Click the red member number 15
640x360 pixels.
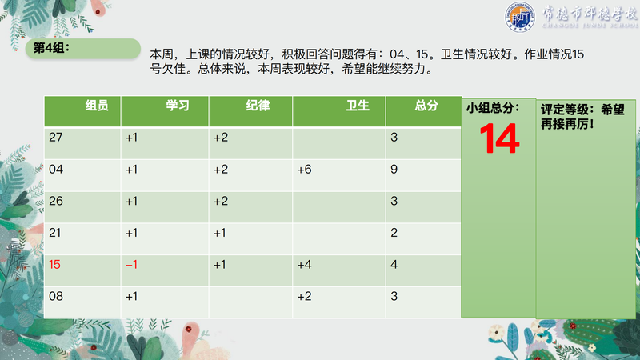tap(54, 265)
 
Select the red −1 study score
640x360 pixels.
tap(131, 265)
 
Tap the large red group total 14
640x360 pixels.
tap(499, 138)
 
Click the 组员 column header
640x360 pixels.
tap(97, 106)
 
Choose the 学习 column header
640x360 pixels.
tap(178, 106)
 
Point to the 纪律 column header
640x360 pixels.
tap(258, 106)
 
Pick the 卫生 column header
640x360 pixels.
tap(358, 106)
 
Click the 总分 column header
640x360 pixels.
tap(426, 106)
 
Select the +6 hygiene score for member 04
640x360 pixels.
tap(305, 170)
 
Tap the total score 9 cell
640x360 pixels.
tap(394, 169)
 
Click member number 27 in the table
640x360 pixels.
tap(56, 137)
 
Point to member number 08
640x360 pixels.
tap(56, 296)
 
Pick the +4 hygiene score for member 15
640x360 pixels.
tap(305, 265)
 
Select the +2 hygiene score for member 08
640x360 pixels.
tap(305, 296)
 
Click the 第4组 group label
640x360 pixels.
tap(51, 48)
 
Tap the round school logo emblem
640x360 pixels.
tap(519, 17)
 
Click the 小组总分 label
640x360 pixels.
tap(493, 108)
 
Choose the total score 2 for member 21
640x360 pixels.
tap(394, 233)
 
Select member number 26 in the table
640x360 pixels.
tap(56, 201)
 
